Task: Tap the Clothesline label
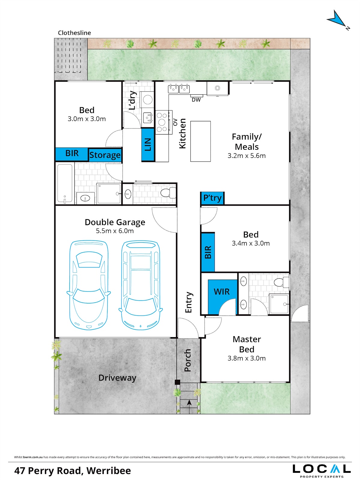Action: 74,33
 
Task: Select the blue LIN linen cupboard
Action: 148,145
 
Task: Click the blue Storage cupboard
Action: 105,155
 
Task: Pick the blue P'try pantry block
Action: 212,198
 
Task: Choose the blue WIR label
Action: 222,291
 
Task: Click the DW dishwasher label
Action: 196,100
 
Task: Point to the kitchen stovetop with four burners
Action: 162,122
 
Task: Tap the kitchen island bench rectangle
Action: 200,141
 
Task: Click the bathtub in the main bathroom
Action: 65,183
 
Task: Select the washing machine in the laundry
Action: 147,100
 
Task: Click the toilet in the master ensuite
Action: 281,282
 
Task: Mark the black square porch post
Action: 177,382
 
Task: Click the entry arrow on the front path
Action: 189,403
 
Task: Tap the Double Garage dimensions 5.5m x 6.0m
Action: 115,231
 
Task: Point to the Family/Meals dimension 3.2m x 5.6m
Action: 246,156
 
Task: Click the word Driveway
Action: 117,378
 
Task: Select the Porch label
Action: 188,360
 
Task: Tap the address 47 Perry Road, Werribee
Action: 73,471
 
